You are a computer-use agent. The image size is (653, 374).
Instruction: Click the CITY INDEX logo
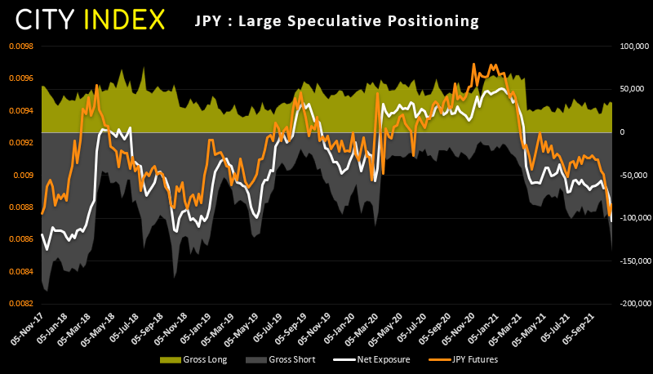point(91,19)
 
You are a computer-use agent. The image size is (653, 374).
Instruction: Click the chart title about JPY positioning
point(336,20)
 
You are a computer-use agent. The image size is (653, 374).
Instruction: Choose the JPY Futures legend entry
point(462,358)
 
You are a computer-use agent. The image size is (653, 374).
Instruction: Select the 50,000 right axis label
point(628,89)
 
